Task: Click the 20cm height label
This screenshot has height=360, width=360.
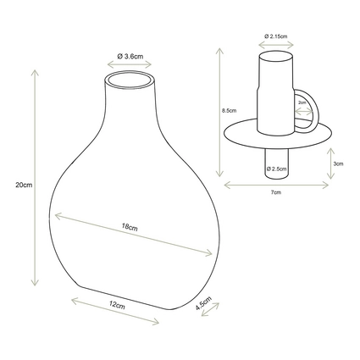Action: point(24,186)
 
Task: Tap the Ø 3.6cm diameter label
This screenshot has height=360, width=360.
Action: point(130,56)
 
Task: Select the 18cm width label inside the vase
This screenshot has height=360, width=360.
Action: point(130,227)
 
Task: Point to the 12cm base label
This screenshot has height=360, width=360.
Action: point(117,305)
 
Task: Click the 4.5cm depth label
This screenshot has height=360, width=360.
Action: point(203,303)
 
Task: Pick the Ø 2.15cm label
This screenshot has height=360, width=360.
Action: point(276,36)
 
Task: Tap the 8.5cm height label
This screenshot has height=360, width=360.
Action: point(229,111)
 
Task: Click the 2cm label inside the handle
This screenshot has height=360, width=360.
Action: point(302,102)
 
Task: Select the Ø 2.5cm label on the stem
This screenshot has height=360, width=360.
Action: point(277,169)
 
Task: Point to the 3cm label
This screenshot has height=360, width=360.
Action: point(338,163)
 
